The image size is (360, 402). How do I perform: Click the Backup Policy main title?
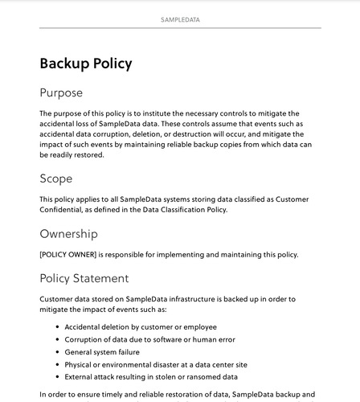point(85,64)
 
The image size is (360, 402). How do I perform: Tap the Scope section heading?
point(55,178)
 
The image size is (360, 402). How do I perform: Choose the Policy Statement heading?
point(84,278)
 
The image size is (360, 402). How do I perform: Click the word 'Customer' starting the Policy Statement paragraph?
point(58,298)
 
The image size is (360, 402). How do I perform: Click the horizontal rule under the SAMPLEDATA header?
point(180,28)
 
